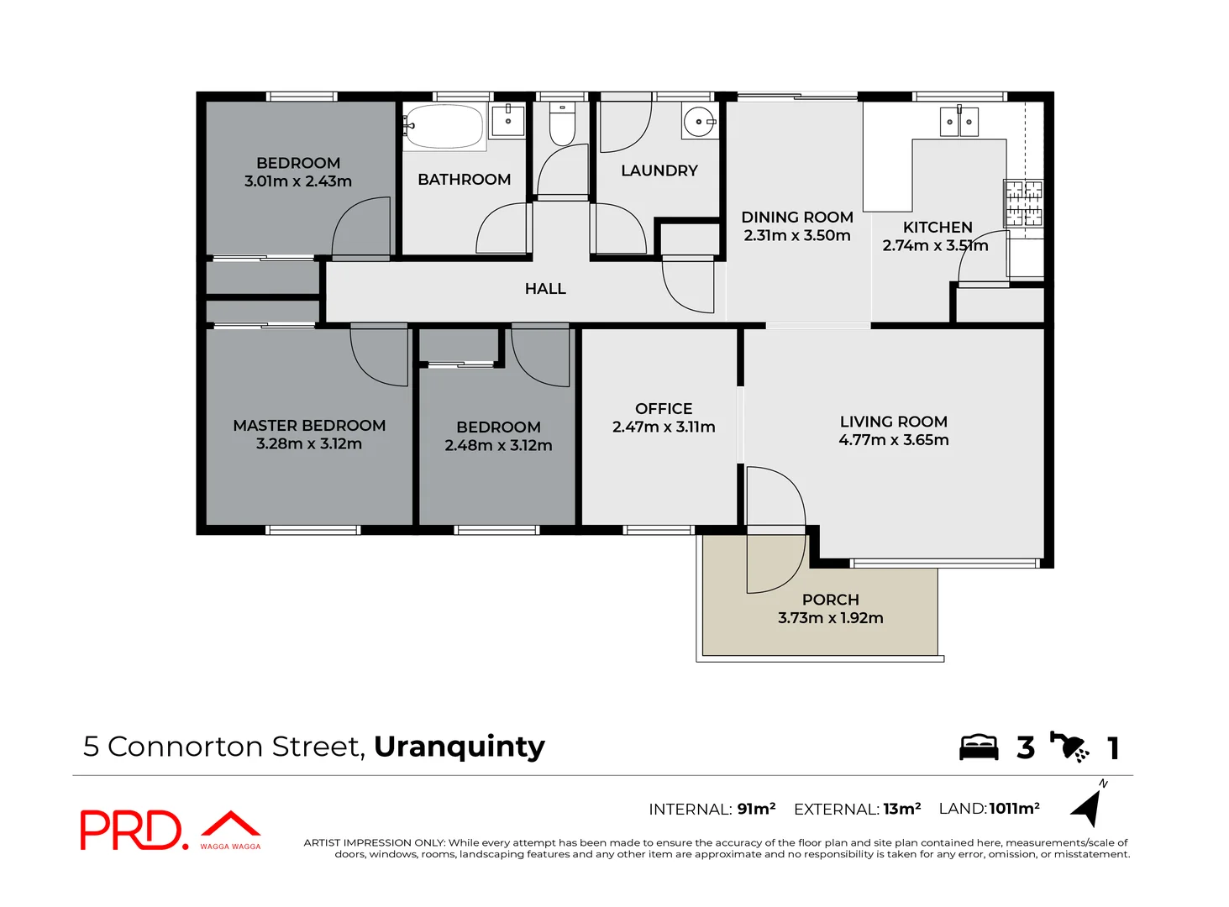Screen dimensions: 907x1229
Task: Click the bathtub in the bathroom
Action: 444,127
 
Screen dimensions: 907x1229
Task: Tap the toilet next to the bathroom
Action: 562,125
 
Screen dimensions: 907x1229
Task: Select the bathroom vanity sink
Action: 507,119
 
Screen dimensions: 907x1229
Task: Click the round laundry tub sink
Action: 698,122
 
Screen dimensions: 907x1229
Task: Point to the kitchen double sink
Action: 959,122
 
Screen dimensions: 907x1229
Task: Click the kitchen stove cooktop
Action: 1023,203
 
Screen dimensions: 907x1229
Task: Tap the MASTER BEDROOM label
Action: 309,426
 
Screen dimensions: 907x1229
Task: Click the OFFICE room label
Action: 664,409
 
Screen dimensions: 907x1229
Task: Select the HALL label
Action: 545,289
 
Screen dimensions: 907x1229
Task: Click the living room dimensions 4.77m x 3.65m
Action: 893,440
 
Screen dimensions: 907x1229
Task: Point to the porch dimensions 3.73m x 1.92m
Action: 830,618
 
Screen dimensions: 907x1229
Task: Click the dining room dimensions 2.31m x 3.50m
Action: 796,236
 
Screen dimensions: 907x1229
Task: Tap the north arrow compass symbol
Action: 1088,805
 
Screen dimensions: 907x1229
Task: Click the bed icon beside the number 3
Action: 979,747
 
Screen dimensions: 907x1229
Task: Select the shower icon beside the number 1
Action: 1069,747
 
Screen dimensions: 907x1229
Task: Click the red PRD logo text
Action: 130,831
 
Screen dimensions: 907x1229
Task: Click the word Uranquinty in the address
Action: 459,747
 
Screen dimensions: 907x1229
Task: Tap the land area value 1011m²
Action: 1014,809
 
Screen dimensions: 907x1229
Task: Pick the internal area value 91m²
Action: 756,809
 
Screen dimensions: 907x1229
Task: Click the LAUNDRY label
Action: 659,171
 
